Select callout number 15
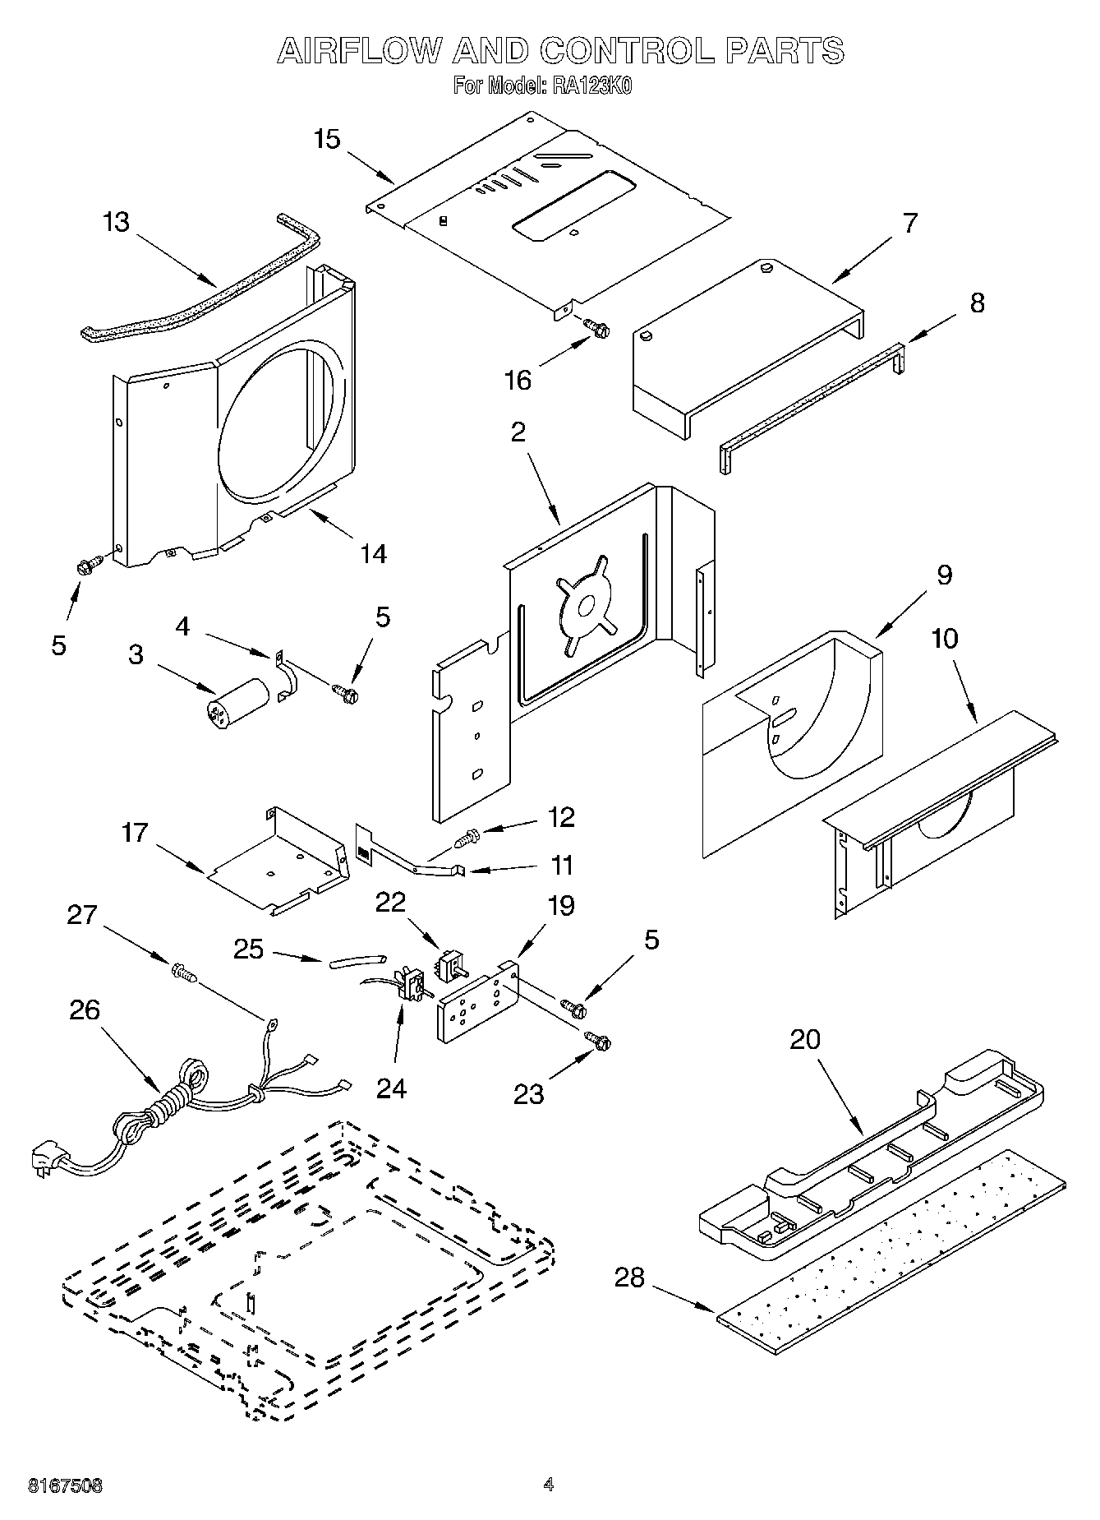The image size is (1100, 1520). pos(327,139)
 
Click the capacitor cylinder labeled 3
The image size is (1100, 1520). pos(237,700)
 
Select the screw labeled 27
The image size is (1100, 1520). pos(184,973)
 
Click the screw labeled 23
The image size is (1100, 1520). pos(597,1041)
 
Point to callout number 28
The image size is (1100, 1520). pos(629,1277)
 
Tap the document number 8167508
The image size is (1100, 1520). pos(66,1485)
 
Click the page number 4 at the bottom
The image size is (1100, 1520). pos(548,1485)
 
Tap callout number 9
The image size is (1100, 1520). pos(944,575)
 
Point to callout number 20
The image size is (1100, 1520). pos(804,1039)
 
